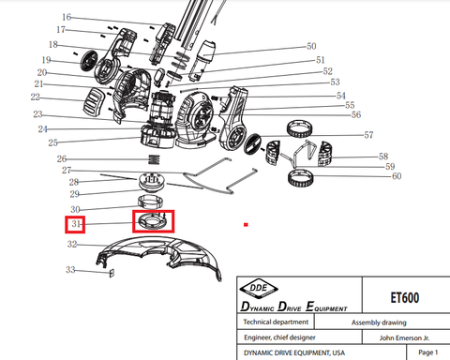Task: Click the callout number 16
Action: (x=67, y=17)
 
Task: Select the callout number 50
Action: (x=311, y=46)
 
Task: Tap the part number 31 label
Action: (x=76, y=224)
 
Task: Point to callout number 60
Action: (x=397, y=176)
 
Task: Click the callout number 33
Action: (x=70, y=269)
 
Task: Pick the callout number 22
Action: (x=36, y=97)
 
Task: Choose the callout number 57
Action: (x=368, y=135)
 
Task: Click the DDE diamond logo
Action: (x=259, y=288)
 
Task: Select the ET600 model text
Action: (x=405, y=297)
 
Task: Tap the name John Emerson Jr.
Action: (x=404, y=337)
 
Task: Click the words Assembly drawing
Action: (x=379, y=322)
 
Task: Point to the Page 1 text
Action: (x=427, y=352)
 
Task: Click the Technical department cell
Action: (x=276, y=322)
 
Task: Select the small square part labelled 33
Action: (x=112, y=273)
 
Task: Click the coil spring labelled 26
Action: (x=154, y=159)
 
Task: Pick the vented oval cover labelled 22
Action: (x=95, y=100)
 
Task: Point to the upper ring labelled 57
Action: (x=300, y=128)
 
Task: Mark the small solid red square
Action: (x=246, y=224)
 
